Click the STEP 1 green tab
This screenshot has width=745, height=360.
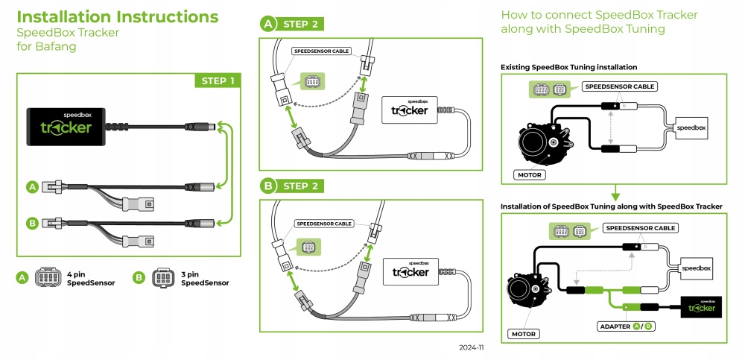(218, 80)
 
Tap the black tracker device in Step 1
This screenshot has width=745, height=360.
(66, 127)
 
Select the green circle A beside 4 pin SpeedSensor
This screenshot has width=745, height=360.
(22, 278)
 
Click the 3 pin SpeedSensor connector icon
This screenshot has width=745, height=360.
(163, 278)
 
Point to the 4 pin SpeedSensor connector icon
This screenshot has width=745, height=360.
(49, 278)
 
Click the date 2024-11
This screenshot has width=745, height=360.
(471, 347)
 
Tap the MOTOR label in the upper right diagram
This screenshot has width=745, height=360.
(529, 174)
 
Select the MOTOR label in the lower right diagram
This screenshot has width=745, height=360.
(523, 334)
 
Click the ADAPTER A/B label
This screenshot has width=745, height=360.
(626, 326)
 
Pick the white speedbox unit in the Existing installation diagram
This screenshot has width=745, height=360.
(691, 128)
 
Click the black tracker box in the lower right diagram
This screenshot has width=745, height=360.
(701, 307)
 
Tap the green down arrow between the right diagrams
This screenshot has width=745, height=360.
(615, 192)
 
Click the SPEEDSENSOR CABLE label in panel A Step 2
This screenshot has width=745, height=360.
(320, 51)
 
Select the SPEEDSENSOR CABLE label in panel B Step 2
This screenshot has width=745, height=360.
(324, 224)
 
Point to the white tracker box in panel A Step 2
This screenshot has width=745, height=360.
(409, 110)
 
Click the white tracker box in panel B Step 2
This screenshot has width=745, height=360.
(410, 271)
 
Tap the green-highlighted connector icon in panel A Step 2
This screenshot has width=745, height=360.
(312, 81)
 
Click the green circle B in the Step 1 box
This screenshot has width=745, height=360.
(32, 223)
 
